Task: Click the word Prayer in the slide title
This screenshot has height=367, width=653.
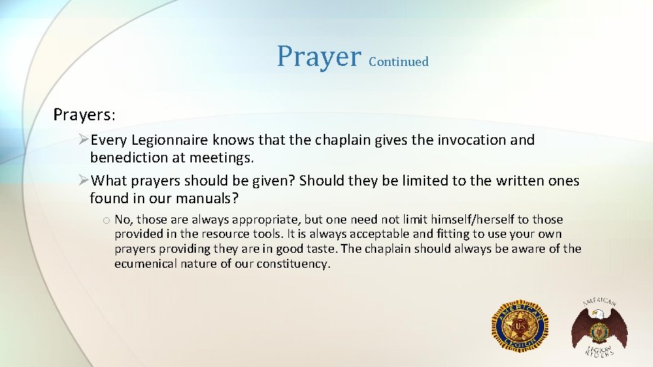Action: click(x=318, y=57)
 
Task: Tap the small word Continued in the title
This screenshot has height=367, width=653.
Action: click(x=399, y=62)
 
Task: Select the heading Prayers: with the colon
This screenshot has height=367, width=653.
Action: click(x=85, y=114)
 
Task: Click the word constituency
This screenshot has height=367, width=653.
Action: click(x=293, y=264)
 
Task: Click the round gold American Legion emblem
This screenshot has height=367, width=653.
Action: click(x=520, y=326)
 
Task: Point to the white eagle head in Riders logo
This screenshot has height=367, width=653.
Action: click(x=597, y=313)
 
